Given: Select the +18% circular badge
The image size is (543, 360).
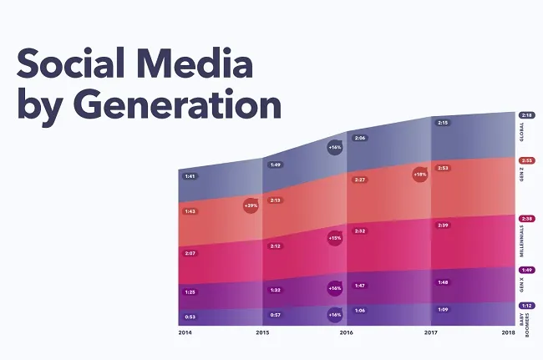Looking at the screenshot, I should [x=420, y=175].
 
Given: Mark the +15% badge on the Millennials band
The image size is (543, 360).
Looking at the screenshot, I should [x=335, y=239].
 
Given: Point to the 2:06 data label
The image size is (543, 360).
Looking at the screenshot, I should [x=360, y=138].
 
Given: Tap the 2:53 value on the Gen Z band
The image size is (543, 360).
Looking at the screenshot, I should [x=443, y=168].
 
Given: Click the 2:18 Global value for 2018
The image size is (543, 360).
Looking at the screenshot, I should [x=527, y=114].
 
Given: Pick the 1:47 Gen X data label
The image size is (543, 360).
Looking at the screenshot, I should [x=360, y=286].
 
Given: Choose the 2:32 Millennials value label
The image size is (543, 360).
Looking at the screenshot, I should [x=360, y=231].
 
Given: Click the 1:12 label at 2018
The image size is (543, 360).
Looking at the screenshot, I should [x=527, y=306].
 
